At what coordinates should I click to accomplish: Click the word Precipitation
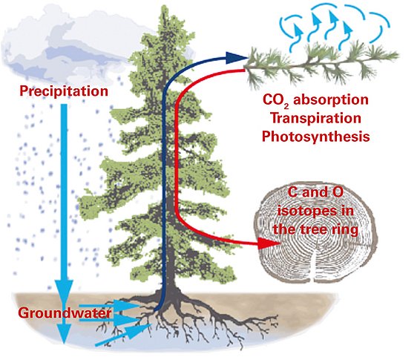[64, 91]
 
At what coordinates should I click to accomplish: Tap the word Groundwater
[65, 312]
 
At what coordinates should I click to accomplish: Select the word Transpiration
[315, 119]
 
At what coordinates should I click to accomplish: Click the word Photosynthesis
[316, 137]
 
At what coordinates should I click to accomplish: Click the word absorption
[331, 100]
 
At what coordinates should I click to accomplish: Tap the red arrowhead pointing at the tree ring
[269, 243]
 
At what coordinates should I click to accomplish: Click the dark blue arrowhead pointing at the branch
[236, 58]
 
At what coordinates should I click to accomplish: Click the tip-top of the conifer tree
[164, 5]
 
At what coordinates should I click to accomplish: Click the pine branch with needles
[321, 64]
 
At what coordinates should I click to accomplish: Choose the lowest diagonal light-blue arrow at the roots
[124, 335]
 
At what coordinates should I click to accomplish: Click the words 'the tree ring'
[315, 230]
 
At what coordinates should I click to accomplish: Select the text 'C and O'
[315, 192]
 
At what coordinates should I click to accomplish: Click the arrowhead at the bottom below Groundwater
[64, 333]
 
